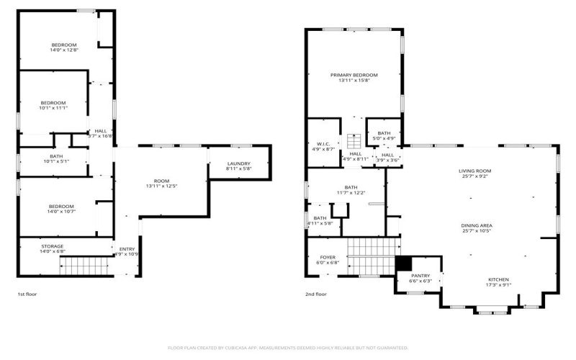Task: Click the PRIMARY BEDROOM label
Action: coord(354,75)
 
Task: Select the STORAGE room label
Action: coord(51,246)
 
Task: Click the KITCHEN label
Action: coord(498,279)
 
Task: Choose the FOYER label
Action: coord(327,257)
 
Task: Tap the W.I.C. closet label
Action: coord(322,143)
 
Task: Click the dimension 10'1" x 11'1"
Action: coord(53,108)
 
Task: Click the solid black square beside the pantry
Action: coord(404,264)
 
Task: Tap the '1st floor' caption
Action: coord(28,294)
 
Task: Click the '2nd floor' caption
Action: coord(316,294)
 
